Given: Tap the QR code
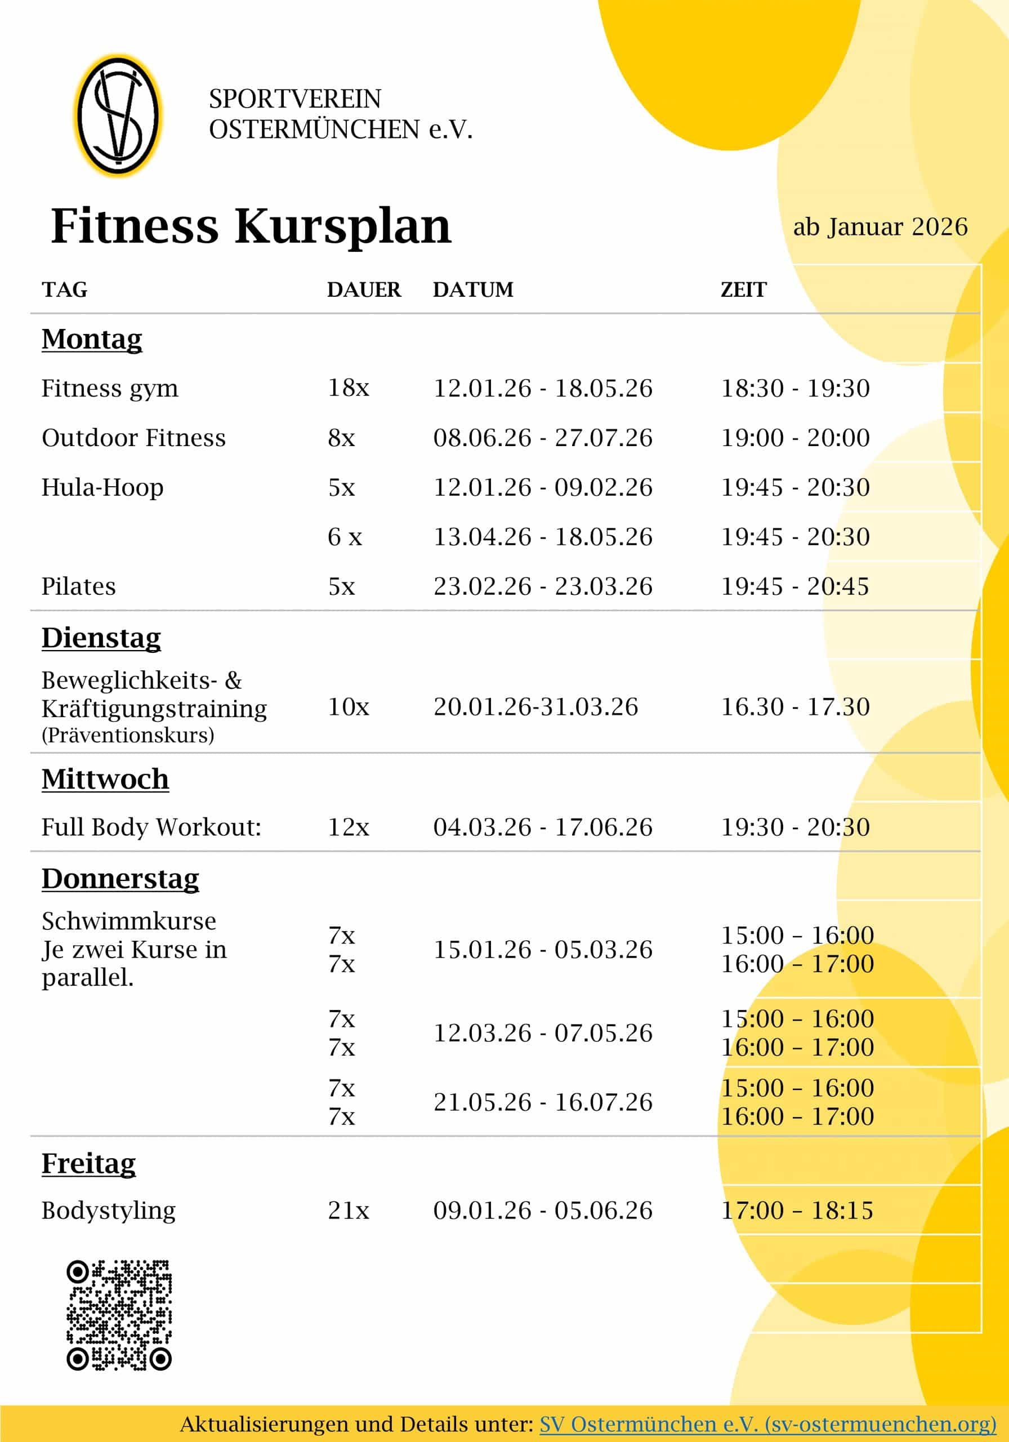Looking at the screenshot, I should point(119,1315).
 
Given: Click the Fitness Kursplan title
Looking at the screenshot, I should point(251,226).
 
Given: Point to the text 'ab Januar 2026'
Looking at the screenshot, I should point(879,228).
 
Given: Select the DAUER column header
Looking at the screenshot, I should point(364,290).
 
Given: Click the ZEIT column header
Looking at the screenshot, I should point(743,290).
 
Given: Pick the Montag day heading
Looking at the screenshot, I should point(92,339).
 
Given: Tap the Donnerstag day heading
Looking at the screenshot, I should point(120,879).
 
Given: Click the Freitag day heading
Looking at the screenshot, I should point(88,1163).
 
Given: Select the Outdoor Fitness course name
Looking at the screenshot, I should point(133,438).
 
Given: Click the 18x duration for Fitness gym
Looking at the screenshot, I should point(349,388).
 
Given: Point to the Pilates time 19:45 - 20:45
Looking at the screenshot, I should point(795,586).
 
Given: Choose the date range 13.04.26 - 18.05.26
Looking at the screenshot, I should point(542,537).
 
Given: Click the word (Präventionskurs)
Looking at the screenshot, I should point(127,735).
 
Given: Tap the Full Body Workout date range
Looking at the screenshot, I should point(542,827).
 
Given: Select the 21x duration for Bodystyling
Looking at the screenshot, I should point(349,1210).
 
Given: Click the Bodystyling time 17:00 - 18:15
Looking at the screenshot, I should point(797,1210).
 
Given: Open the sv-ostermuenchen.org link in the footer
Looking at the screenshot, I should point(767,1424).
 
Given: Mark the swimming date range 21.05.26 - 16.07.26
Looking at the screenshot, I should point(542,1102).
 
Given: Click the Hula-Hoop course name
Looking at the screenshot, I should point(102,487).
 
